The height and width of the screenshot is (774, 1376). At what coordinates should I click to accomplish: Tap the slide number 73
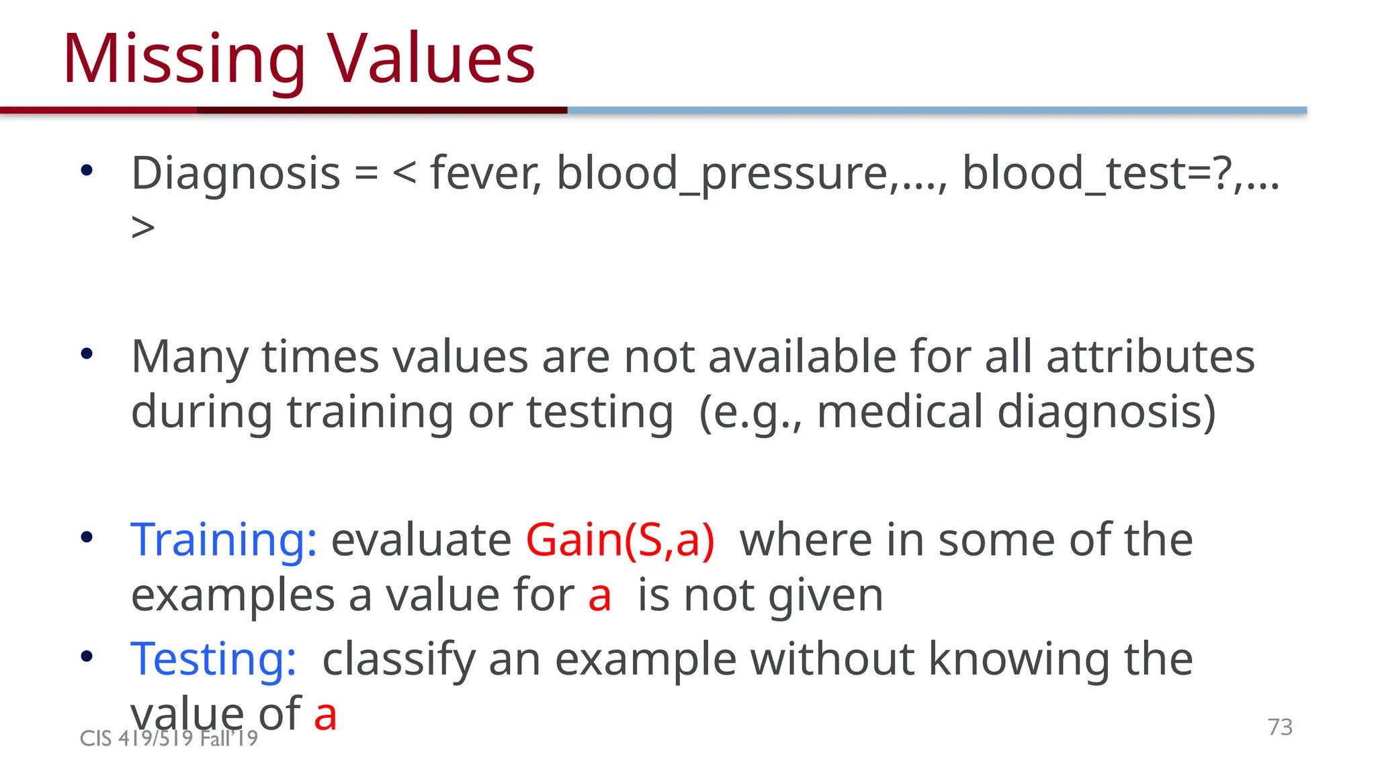(x=1279, y=727)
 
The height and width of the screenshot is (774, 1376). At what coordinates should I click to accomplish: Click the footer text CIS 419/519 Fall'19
(x=169, y=738)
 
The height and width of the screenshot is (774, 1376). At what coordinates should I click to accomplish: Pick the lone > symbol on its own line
(x=143, y=228)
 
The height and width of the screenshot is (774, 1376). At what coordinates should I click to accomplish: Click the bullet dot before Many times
(x=87, y=353)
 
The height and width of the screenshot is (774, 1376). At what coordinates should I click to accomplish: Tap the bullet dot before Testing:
(x=87, y=656)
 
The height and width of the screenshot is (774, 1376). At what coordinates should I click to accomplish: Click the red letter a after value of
(x=325, y=715)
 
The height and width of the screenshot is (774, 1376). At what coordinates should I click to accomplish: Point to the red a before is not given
(x=599, y=596)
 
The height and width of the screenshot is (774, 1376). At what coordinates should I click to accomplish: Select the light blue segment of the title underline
(x=937, y=110)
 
